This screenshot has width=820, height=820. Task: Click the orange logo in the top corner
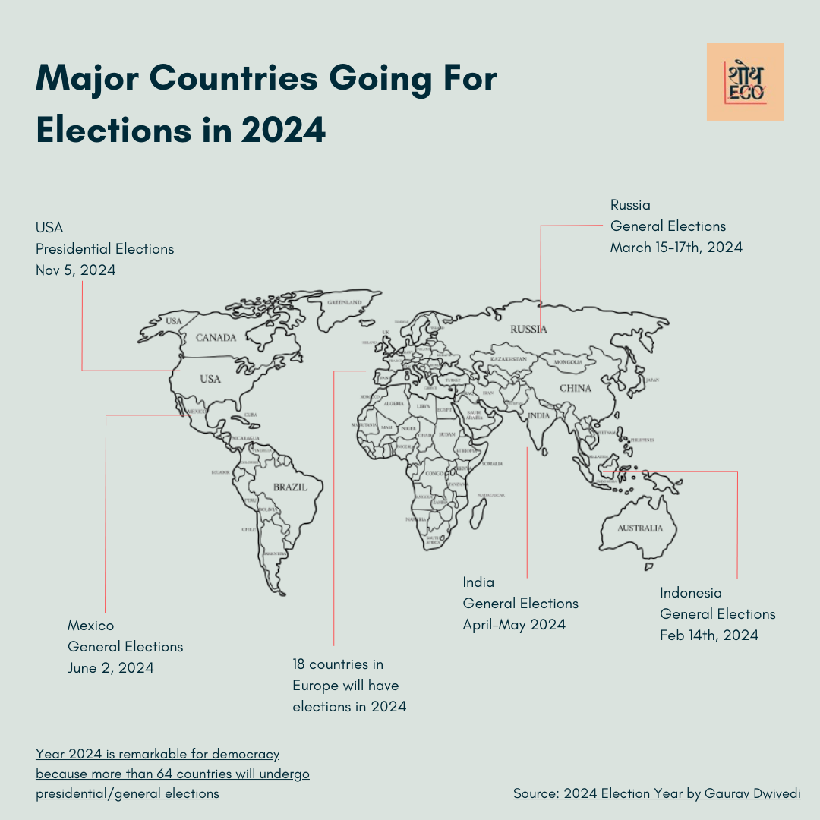click(745, 82)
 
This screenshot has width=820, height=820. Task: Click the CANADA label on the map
click(216, 337)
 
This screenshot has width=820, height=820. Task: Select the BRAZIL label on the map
click(290, 487)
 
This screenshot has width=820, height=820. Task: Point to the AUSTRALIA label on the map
click(639, 528)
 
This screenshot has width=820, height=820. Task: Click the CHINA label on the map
click(575, 388)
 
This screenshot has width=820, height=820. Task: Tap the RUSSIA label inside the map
click(528, 329)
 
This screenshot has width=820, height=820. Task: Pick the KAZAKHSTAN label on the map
click(508, 358)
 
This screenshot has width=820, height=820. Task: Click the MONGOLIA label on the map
click(569, 362)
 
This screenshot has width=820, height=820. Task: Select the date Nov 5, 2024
click(76, 270)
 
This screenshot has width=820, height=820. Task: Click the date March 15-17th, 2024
click(676, 247)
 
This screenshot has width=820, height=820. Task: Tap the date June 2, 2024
click(111, 667)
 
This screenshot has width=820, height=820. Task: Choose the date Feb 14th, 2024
click(709, 635)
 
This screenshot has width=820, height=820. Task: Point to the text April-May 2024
click(514, 624)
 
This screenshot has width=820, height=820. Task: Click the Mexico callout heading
click(90, 625)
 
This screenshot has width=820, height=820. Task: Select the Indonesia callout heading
click(691, 592)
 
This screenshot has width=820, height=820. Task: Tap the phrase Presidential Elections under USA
click(105, 248)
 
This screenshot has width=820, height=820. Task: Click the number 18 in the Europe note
click(301, 664)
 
